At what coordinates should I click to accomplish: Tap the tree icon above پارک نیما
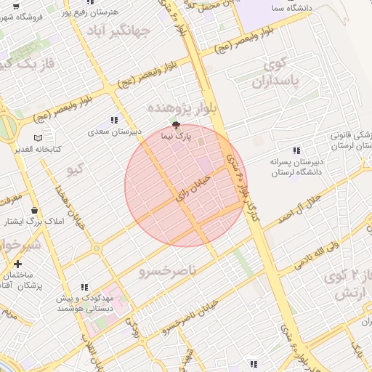pyautogui.click(x=174, y=125)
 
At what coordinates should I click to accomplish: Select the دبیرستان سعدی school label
pyautogui.click(x=114, y=132)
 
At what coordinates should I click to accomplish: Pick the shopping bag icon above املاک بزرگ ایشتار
pyautogui.click(x=35, y=210)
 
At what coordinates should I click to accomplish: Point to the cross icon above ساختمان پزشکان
pyautogui.click(x=17, y=264)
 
